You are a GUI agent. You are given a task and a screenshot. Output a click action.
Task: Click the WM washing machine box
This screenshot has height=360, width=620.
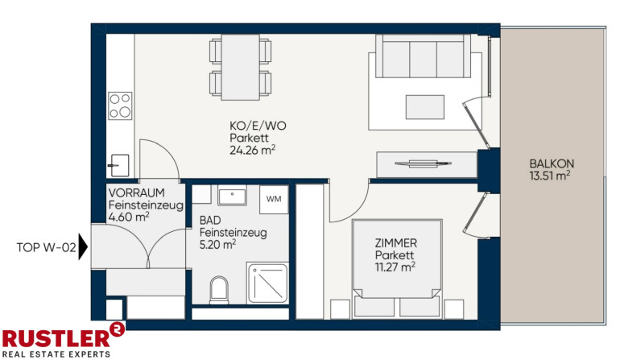[x=274, y=199]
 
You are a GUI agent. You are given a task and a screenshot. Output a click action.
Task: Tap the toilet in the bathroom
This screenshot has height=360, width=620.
[x=219, y=290]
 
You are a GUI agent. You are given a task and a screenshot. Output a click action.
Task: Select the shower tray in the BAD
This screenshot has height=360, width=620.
[x=267, y=283]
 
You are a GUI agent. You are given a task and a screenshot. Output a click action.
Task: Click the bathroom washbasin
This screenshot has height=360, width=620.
[x=232, y=197]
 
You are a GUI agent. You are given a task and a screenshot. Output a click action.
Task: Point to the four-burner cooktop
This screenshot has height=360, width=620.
[x=120, y=106]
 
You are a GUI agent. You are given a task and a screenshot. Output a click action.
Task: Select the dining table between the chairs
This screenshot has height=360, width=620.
[x=241, y=68]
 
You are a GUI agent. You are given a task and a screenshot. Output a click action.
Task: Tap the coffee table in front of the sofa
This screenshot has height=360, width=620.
[x=424, y=107]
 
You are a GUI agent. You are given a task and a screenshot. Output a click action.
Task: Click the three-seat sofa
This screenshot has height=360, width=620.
[x=423, y=56]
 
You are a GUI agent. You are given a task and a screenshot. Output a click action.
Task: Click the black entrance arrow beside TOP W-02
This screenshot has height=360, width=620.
[x=83, y=246]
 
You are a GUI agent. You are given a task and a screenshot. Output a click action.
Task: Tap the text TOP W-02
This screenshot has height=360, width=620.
[x=46, y=247]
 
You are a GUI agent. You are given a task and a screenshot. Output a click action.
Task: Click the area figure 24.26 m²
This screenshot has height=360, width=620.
[x=252, y=151]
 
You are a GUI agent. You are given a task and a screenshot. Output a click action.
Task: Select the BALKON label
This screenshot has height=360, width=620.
[x=552, y=163]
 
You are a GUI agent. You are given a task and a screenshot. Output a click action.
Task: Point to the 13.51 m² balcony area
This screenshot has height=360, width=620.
[x=550, y=176]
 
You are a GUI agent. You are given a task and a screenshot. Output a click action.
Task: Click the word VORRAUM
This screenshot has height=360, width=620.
[x=136, y=192]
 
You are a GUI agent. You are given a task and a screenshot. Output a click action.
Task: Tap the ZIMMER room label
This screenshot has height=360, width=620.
[x=396, y=243]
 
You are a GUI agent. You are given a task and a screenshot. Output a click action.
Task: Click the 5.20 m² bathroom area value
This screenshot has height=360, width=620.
[x=217, y=245]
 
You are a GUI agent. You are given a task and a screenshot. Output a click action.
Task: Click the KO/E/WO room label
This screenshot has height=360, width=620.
[x=258, y=126]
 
